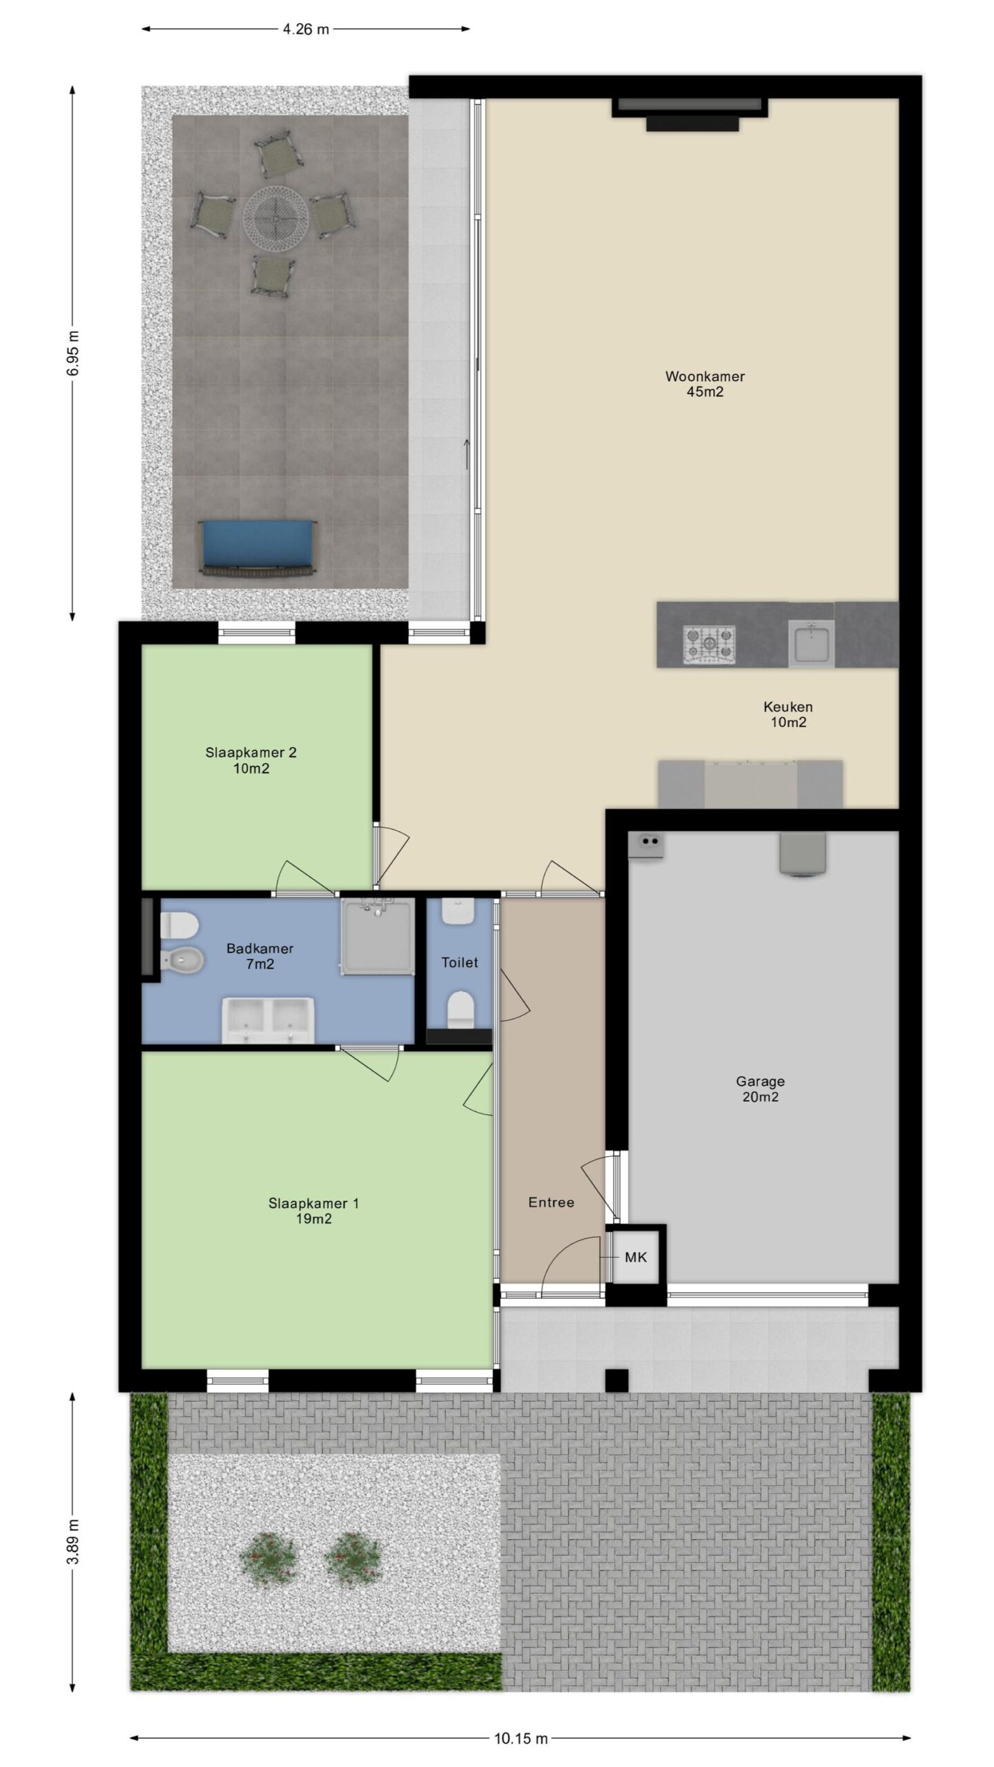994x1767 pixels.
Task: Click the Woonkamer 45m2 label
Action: click(705, 384)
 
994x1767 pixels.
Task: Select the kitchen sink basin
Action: click(811, 644)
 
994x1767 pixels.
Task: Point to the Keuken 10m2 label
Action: click(788, 714)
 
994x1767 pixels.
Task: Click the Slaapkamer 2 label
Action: click(251, 752)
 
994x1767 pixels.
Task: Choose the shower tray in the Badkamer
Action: click(378, 936)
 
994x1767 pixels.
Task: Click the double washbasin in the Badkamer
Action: click(267, 1019)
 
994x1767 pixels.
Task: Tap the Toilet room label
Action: click(460, 962)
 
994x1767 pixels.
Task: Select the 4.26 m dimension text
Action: click(306, 29)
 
